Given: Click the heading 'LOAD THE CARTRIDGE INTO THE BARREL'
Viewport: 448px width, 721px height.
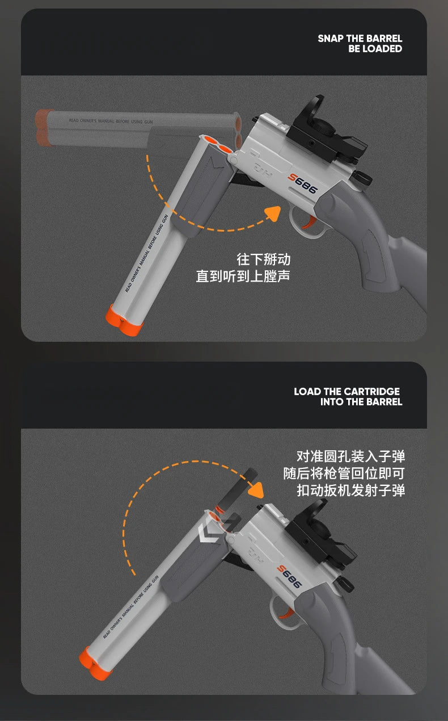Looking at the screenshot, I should pyautogui.click(x=348, y=396).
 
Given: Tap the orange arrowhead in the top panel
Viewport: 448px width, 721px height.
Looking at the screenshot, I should pyautogui.click(x=273, y=214).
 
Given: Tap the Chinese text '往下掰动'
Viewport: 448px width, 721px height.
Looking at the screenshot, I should pyautogui.click(x=263, y=259).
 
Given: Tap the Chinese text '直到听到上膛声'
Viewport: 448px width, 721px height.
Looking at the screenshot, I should pyautogui.click(x=243, y=276).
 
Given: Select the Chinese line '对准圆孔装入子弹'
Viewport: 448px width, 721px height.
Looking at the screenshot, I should pyautogui.click(x=350, y=456).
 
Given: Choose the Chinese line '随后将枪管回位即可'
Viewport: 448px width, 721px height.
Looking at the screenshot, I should pyautogui.click(x=344, y=473).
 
